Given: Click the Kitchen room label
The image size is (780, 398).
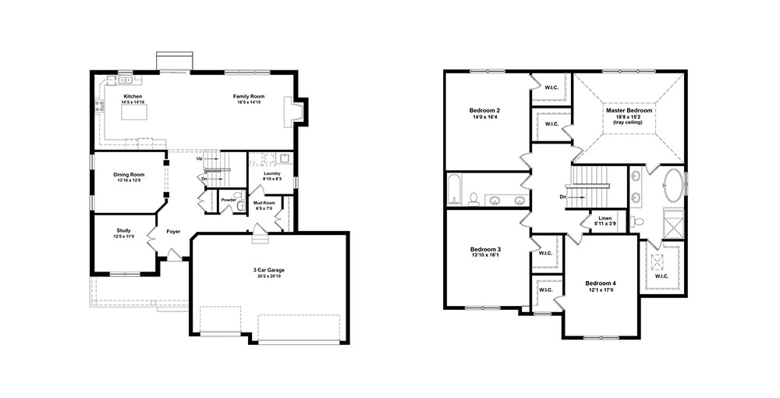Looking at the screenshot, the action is [133, 97].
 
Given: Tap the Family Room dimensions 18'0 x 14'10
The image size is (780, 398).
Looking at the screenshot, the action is [250, 102].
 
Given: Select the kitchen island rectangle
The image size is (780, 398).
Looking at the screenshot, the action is [135, 112].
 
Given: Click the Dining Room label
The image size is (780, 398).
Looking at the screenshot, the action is [129, 175].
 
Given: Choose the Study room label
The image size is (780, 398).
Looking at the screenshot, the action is [124, 231].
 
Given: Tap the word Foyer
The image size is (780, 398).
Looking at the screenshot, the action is [173, 232].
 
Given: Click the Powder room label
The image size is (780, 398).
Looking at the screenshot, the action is [229, 200].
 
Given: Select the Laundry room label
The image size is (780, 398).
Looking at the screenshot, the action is [271, 173].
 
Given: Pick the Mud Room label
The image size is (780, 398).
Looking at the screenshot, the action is [264, 203].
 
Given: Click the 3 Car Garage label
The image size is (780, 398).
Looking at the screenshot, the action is [268, 270].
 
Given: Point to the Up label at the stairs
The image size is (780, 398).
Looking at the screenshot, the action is [200, 158].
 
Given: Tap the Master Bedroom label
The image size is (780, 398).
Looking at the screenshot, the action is [629, 111].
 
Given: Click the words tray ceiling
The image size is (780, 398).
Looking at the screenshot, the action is [628, 123].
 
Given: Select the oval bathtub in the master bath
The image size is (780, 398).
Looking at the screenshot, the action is [674, 186].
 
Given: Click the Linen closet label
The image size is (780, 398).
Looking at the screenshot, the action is [605, 219].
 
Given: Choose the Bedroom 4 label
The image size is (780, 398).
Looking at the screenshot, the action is [601, 283].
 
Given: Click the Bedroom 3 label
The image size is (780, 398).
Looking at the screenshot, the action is [485, 249].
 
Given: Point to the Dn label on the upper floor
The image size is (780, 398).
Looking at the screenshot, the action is [563, 197].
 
